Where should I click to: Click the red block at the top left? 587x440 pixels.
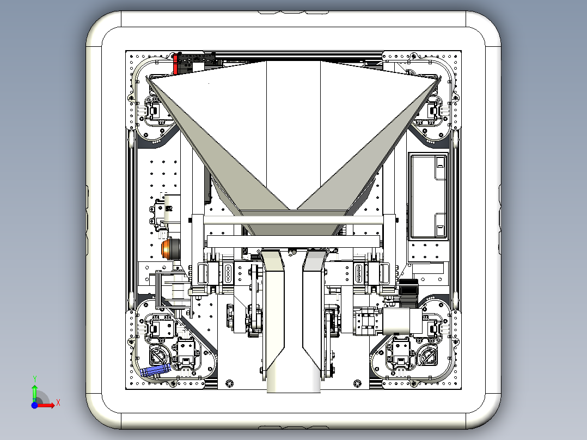coord(175,64)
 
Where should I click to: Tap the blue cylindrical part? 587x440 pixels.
coord(155,370)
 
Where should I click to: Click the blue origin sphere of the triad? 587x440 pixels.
coord(34,405)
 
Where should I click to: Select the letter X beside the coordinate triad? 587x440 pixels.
coord(58,402)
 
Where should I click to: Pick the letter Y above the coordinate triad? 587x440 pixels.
coord(34,378)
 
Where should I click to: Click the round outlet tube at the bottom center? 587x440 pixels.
coord(293,380)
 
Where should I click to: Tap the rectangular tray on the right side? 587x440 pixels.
coord(429,196)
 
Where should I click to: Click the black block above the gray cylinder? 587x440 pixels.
coord(408,287)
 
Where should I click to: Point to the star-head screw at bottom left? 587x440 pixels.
coord(229,383)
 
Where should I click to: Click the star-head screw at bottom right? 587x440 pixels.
coord(357,383)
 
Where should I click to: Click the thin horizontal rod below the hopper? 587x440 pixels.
coord(293,221)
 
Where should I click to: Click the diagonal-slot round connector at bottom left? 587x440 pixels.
coord(160,355)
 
